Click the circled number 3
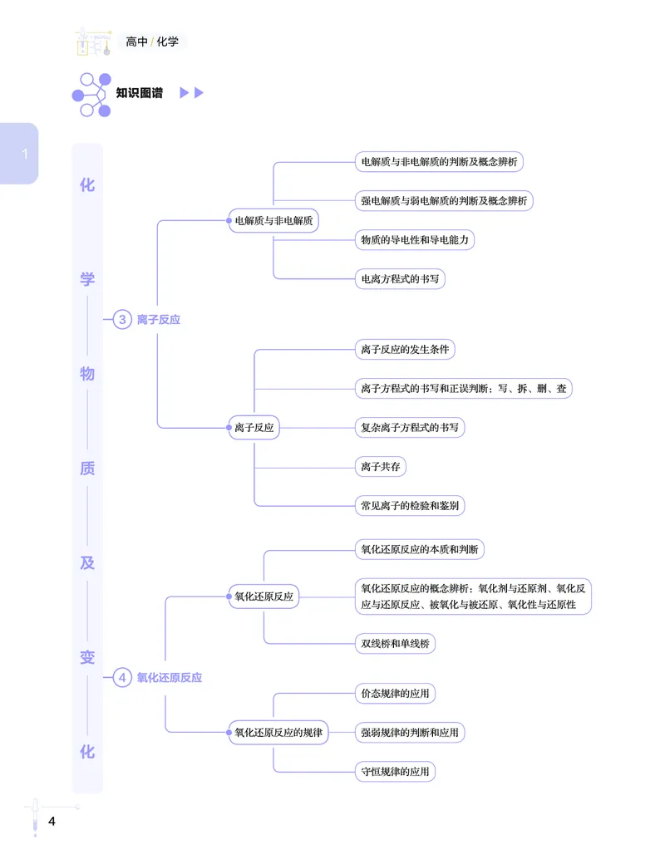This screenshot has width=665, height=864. click(x=122, y=319)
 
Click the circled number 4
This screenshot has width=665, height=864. click(x=122, y=677)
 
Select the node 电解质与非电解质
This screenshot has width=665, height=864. click(x=273, y=221)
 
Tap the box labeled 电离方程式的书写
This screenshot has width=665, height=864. click(x=400, y=278)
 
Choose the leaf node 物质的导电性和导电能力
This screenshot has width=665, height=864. click(x=416, y=240)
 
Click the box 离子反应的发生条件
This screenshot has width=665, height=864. click(x=405, y=350)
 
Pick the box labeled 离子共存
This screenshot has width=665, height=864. click(x=381, y=467)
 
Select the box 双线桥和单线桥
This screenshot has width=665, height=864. click(x=395, y=643)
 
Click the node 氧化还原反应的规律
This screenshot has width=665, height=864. click(x=278, y=733)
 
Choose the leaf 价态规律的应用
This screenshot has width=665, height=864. click(x=395, y=694)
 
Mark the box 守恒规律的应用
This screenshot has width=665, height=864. click(x=395, y=772)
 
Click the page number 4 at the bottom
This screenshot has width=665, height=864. click(x=52, y=822)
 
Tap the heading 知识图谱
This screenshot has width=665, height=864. click(x=140, y=93)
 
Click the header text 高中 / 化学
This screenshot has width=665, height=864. click(x=152, y=41)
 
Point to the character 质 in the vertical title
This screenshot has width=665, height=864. click(x=87, y=469)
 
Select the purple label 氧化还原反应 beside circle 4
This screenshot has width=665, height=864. click(x=170, y=677)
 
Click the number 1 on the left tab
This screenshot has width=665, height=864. click(x=25, y=154)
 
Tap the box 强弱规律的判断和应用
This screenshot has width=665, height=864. click(x=410, y=733)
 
